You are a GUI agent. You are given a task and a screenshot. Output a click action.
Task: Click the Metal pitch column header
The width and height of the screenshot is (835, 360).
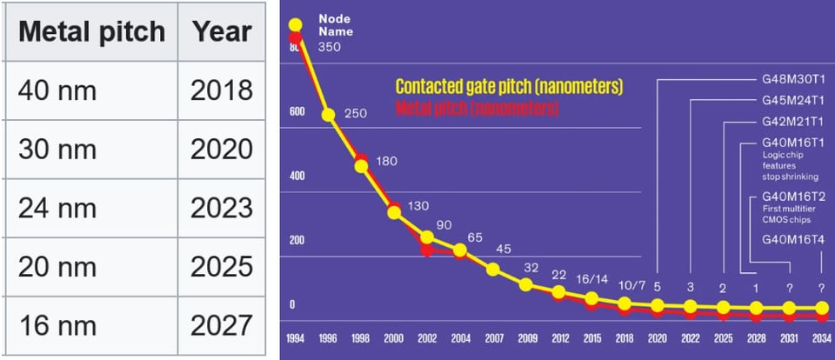click(91, 31)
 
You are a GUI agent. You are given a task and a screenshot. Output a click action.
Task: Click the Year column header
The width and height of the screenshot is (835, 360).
click(222, 31)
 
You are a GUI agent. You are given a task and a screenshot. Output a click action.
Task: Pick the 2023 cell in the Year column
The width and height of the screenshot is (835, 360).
click(222, 209)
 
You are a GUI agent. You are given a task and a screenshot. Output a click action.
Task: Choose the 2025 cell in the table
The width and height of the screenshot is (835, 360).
click(222, 267)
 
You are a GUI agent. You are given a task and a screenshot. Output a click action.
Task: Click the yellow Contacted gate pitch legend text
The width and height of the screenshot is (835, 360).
click(510, 87)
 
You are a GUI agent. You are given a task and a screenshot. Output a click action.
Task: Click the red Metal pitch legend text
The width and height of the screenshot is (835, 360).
click(477, 109)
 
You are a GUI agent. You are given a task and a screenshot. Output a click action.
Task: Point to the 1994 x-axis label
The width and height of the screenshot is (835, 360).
click(295, 337)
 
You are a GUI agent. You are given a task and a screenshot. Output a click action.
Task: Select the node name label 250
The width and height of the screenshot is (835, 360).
click(355, 114)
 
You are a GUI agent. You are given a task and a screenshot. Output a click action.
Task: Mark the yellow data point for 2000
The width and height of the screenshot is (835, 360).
click(394, 211)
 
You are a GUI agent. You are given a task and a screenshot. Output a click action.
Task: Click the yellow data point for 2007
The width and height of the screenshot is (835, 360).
click(493, 270)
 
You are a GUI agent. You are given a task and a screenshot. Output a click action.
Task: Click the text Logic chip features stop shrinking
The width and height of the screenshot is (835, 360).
click(782, 165)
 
